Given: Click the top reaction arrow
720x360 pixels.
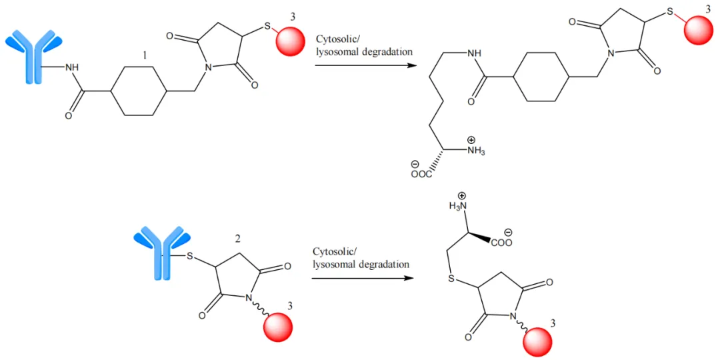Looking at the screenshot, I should coord(360,65).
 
